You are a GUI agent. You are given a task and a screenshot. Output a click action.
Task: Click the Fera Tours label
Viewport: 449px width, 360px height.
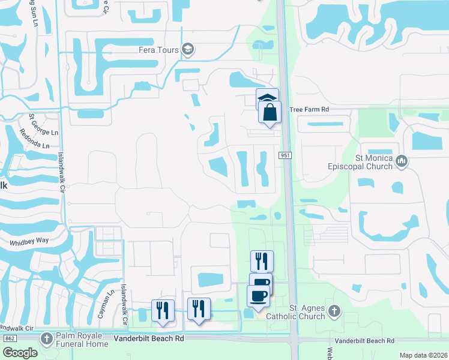tap(158, 50)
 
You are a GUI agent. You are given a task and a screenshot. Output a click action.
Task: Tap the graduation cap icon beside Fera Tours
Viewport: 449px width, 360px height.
tap(188, 49)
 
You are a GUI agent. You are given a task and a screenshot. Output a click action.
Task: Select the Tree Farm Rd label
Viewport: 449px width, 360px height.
tap(309, 110)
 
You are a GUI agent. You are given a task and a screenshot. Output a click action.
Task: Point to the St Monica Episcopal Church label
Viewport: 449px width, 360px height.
tap(365, 162)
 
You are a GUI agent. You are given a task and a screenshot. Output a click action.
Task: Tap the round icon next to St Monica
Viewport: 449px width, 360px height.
tap(402, 161)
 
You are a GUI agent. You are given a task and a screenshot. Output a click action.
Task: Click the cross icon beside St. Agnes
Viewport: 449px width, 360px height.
tap(334, 311)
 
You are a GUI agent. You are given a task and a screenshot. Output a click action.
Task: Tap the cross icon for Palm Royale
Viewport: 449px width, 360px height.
tap(47, 339)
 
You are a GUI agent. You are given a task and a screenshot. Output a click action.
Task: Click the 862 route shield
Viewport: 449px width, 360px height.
tap(9, 339)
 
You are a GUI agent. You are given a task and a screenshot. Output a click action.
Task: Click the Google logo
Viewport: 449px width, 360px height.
tap(20, 353)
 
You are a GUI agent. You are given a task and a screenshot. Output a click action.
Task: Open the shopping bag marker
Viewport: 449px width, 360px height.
tap(270, 112)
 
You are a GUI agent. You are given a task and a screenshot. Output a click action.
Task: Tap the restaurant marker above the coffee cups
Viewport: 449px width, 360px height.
tap(262, 261)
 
